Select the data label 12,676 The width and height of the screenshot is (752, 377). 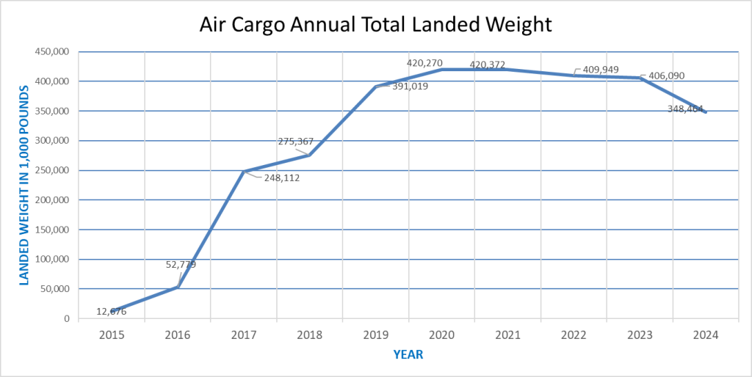(112, 312)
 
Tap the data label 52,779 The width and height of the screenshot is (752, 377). (181, 264)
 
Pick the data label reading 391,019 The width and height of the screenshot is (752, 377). (410, 86)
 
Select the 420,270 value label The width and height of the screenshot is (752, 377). (424, 63)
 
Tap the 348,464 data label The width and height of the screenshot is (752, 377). (690, 109)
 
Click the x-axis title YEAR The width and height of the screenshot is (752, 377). (408, 355)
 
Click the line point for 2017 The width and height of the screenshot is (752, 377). (244, 172)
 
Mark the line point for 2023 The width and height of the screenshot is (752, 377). (640, 78)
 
